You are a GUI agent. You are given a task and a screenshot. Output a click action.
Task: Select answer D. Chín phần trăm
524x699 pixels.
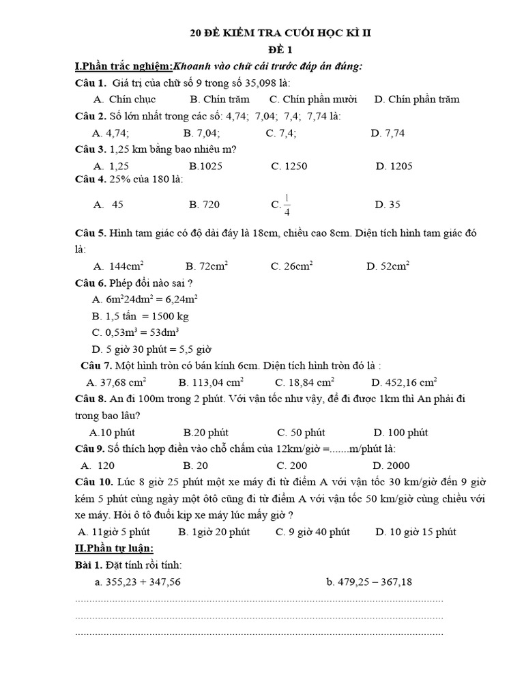tap(416, 99)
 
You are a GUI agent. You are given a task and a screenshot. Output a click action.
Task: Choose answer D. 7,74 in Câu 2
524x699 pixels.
tap(388, 133)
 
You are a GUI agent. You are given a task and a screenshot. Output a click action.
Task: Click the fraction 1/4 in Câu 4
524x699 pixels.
tap(287, 205)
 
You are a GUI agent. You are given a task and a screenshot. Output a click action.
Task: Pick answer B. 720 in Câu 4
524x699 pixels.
tap(204, 204)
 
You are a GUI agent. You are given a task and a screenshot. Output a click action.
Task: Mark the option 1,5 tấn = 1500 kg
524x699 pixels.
tap(140, 316)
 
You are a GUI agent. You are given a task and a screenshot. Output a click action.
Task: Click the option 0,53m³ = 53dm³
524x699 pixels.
tap(135, 332)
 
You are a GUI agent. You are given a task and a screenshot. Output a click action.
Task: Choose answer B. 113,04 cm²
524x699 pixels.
tap(211, 382)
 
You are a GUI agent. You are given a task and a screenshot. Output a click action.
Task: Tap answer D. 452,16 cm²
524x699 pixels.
tap(404, 382)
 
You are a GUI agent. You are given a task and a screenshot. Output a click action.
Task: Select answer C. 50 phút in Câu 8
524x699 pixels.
tap(301, 432)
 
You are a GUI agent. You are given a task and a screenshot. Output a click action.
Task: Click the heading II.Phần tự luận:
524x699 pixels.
tap(114, 548)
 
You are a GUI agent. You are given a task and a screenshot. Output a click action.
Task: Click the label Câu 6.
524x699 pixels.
tap(89, 283)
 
